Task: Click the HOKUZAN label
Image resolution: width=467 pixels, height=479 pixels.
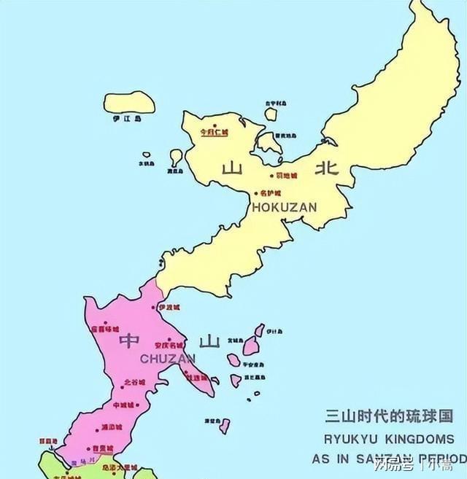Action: (285, 207)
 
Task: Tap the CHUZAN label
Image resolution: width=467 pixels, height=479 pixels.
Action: (168, 359)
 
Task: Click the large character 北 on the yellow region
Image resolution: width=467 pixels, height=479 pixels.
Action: (325, 169)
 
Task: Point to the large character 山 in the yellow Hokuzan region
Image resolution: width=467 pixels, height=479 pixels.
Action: (232, 169)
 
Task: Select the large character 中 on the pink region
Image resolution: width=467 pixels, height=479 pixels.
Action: (129, 340)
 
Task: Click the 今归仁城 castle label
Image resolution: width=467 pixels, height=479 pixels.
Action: (214, 133)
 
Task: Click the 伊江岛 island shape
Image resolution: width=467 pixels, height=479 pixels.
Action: (129, 102)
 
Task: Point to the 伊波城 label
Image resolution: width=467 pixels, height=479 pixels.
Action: (168, 308)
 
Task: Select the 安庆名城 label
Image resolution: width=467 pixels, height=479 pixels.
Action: (169, 345)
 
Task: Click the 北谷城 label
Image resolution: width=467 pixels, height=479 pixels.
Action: (135, 382)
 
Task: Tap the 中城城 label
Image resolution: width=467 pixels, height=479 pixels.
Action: (124, 405)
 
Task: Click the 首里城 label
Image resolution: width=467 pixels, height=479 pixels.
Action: (101, 449)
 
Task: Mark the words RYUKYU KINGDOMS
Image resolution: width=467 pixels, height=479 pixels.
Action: (388, 439)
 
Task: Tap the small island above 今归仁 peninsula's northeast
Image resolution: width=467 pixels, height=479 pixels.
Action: (271, 114)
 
